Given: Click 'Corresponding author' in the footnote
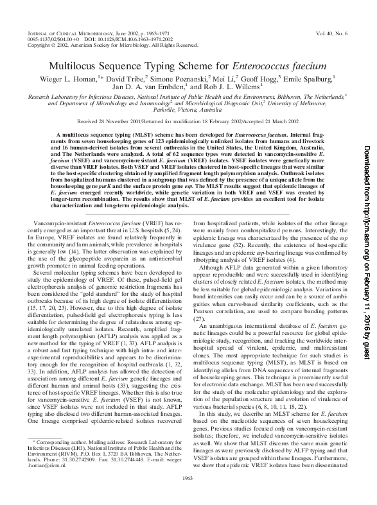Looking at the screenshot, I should click(x=58, y=460).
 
